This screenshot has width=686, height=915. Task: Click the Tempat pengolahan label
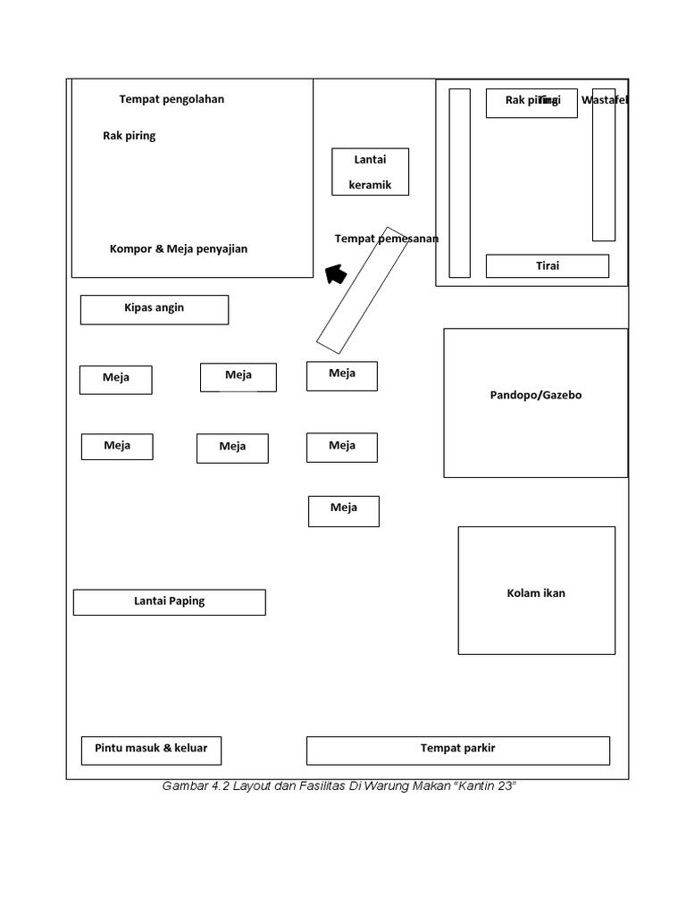tap(171, 99)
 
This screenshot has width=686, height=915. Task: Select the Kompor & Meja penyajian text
tap(178, 249)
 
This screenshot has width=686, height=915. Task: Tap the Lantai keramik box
tap(370, 172)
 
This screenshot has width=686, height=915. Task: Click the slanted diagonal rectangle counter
tap(362, 290)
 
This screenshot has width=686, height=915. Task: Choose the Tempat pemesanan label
tap(386, 239)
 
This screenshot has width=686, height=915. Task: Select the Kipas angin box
tap(154, 309)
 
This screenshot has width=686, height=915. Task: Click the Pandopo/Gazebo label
tap(535, 395)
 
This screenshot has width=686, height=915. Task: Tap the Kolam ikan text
tap(536, 593)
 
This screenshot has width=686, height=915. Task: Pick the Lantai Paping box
tap(169, 602)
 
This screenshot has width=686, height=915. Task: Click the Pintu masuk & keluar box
tap(151, 750)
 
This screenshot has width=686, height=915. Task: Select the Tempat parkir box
tap(457, 750)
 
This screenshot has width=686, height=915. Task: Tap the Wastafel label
tap(605, 100)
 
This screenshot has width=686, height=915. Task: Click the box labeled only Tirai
tap(547, 266)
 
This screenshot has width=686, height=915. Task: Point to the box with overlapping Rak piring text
tap(531, 103)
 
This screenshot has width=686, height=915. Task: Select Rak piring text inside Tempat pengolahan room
tap(129, 137)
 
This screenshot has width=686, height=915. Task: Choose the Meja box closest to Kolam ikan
tap(343, 511)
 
